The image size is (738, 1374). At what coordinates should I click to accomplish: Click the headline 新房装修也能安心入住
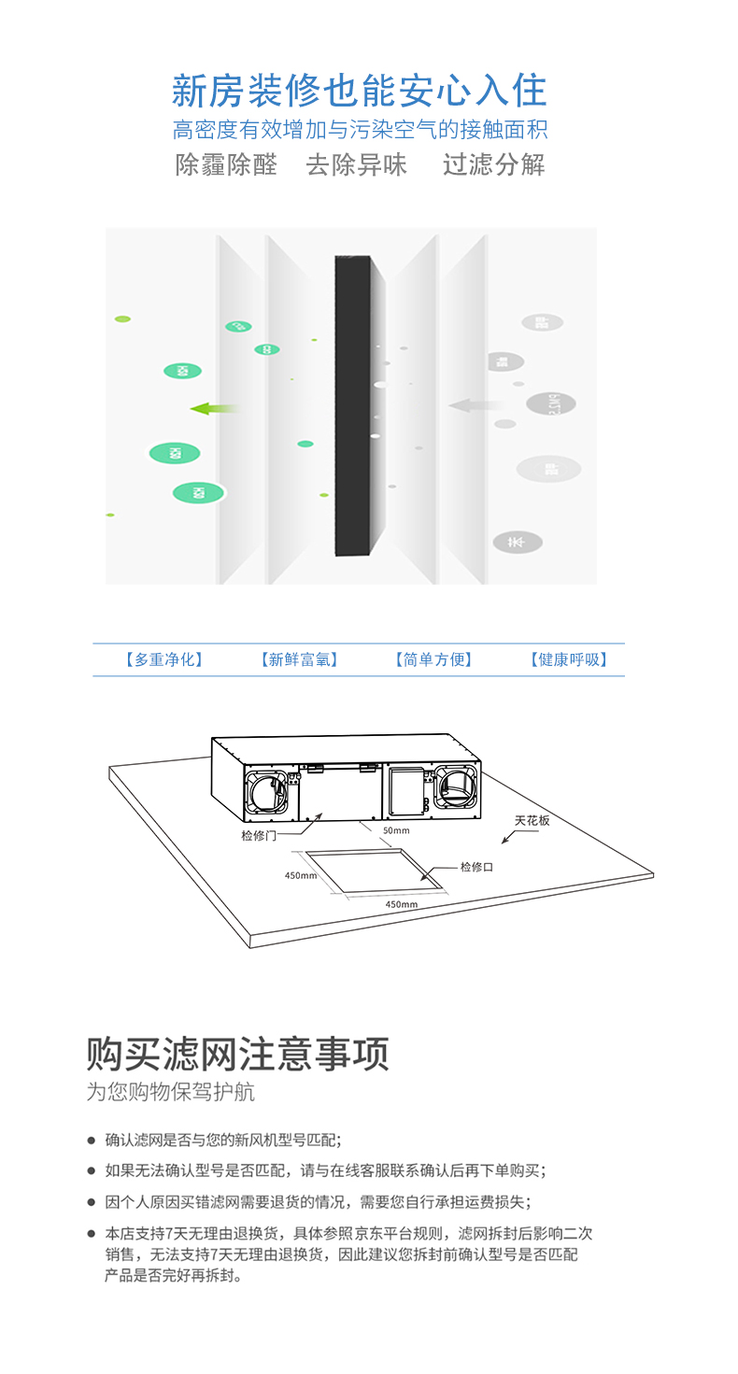click(x=359, y=92)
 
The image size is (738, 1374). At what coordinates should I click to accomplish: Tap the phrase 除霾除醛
click(x=226, y=165)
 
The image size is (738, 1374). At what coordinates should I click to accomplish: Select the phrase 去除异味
click(x=357, y=165)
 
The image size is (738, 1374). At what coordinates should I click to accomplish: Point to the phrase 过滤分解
click(x=493, y=165)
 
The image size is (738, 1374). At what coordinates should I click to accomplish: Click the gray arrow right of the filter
click(x=473, y=405)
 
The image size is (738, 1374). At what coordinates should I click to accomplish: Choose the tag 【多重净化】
click(x=164, y=659)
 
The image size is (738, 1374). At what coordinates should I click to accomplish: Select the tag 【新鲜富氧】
click(x=299, y=659)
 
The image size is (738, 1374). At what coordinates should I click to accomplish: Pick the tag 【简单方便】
click(x=433, y=659)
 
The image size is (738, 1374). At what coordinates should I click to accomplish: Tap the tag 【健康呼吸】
click(x=569, y=659)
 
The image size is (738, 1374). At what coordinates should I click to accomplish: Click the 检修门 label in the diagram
click(x=258, y=835)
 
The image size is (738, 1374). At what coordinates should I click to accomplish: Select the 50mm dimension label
click(x=396, y=830)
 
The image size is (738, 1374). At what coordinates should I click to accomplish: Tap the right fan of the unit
click(x=457, y=786)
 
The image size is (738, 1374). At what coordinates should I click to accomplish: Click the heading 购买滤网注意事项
click(x=237, y=1054)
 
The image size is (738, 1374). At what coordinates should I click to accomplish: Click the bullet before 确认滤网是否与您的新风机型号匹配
click(x=92, y=1140)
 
